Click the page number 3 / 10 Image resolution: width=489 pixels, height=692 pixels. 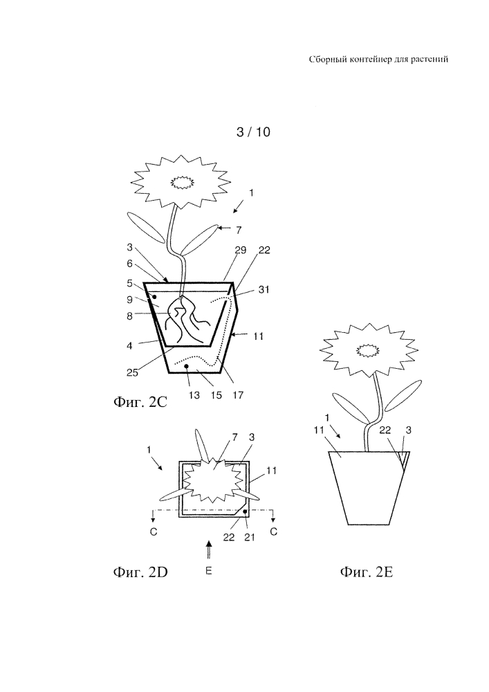pos(253,132)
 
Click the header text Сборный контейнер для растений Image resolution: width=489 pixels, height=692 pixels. pos(378,59)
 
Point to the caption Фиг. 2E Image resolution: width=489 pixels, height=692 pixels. pos(366,572)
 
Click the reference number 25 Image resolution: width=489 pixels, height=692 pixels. pos(132,372)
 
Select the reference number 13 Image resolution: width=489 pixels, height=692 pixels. pos(194,395)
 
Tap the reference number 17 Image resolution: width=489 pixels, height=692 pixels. pos(238,395)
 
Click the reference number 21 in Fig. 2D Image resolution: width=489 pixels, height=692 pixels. pos(250,537)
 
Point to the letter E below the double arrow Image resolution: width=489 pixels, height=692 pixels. pos(209,571)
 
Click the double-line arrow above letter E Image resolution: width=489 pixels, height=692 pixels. pos(209,551)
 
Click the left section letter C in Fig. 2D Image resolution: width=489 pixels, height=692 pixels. pos(154,532)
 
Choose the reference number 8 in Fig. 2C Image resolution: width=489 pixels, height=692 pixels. pos(129,316)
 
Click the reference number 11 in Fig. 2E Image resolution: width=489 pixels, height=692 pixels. pos(320,430)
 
